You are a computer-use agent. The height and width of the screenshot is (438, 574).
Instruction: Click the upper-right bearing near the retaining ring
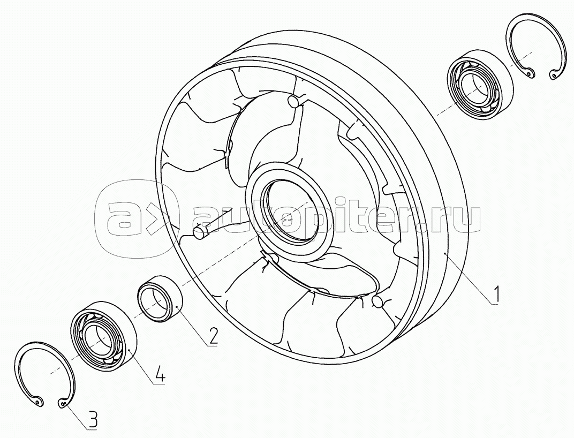point(479,85)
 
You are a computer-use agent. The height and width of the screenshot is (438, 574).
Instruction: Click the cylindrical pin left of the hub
point(201,232)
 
